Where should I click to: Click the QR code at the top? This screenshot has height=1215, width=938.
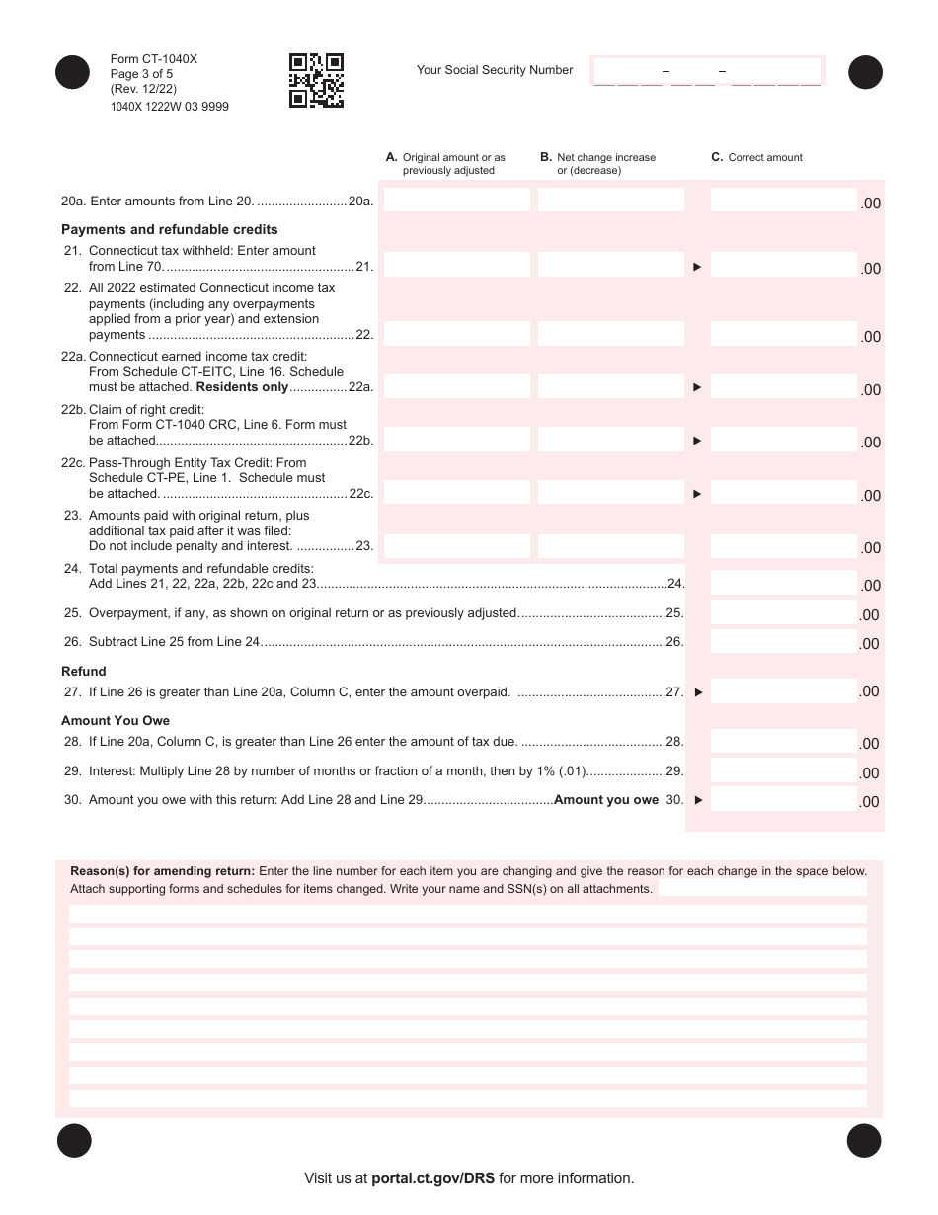coord(316,80)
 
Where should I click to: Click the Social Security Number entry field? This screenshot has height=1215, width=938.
coord(707,71)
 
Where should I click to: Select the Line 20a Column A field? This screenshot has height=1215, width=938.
coord(456,201)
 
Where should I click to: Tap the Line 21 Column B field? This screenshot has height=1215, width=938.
coord(610,265)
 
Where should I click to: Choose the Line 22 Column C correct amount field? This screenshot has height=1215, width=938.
coord(783,334)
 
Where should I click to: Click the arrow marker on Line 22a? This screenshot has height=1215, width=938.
coord(697,387)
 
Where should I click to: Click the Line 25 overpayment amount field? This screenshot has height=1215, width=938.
coord(783,613)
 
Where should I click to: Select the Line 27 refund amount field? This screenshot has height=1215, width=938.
coord(783,691)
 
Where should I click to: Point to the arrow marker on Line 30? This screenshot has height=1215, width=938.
coord(698,800)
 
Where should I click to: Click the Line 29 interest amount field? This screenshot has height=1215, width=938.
coord(783,771)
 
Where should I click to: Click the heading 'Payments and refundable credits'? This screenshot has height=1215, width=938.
coord(170,230)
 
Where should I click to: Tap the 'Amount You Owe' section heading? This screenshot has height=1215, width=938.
coord(116,721)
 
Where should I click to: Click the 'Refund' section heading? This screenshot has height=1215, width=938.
coord(84,672)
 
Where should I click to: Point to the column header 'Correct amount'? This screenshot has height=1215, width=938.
coord(765,157)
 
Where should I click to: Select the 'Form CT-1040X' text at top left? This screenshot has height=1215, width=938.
coord(154,59)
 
